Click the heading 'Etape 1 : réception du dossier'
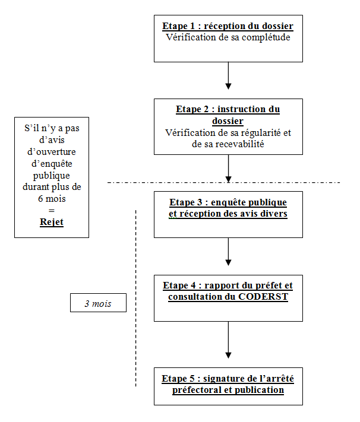coord(228,26)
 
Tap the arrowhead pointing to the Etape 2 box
coord(228,86)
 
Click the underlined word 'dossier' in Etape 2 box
coord(228,121)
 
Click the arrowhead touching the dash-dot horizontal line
coord(228,179)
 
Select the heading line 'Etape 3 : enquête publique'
coord(228,202)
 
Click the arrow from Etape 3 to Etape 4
coord(228,252)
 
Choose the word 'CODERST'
coord(263,297)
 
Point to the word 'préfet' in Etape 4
coord(268,285)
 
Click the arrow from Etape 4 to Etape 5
coord(228,340)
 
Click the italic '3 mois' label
coord(98,303)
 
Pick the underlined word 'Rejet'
coord(52,222)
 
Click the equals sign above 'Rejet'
coord(52,211)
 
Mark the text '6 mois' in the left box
coord(52,199)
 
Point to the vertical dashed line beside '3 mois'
coord(135,298)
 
